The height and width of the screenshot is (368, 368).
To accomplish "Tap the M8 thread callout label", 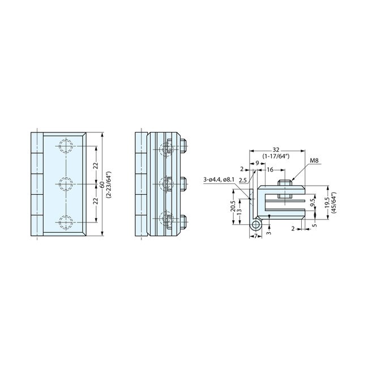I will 314,161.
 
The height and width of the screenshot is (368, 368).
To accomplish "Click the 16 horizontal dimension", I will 270,170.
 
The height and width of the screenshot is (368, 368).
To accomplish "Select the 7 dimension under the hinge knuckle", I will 255,234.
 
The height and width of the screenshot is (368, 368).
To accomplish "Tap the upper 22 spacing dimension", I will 96,165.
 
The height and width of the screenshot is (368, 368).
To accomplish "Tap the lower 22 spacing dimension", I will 96,200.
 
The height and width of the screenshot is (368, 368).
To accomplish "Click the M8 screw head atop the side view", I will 285,182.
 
